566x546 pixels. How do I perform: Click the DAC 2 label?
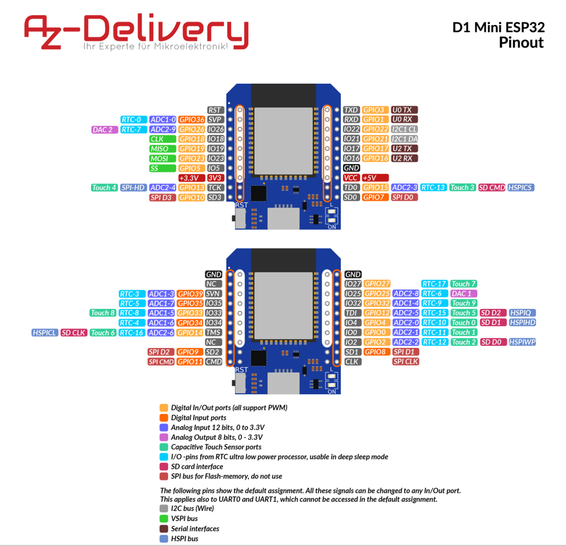click(103, 129)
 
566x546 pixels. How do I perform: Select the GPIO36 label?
click(191, 119)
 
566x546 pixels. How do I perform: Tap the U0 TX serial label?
click(404, 110)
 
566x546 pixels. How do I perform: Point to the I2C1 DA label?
click(404, 139)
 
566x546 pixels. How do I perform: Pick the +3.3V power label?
click(191, 178)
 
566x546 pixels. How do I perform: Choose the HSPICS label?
click(520, 187)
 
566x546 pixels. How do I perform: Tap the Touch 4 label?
click(104, 187)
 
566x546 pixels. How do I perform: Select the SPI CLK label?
click(405, 361)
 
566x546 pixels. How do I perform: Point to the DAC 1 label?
click(463, 293)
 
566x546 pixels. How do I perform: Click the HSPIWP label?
click(522, 342)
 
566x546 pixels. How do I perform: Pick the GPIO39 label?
click(190, 293)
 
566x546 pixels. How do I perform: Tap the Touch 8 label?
click(103, 313)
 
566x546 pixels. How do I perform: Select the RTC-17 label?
click(434, 284)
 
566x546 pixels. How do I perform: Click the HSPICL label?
click(45, 332)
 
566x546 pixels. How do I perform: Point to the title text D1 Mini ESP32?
click(498, 27)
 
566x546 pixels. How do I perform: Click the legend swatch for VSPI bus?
click(163, 519)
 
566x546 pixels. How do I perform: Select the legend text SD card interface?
click(197, 466)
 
